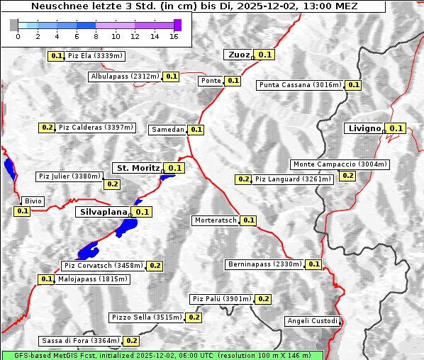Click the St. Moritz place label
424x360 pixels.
pos(138,168)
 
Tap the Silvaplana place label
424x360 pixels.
pos(103,212)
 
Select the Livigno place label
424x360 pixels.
pos(363,128)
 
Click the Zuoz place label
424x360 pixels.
pos(238,55)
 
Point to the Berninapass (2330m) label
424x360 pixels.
pos(264,264)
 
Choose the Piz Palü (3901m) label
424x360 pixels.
pos(221,299)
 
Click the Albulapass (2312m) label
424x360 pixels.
pos(125,77)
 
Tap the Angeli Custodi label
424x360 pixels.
pos(313,321)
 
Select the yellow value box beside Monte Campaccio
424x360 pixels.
pos(347,176)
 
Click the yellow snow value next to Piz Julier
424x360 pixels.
pos(112,184)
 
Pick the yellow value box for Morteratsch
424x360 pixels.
pos(249,220)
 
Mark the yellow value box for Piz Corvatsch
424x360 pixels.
pos(155,266)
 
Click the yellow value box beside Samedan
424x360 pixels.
pos(196,130)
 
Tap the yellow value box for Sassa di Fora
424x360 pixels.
pos(131,341)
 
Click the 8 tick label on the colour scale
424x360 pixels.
pos(96,36)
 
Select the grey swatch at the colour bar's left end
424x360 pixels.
pos(14,25)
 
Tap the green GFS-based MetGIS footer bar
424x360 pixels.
pos(162,355)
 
